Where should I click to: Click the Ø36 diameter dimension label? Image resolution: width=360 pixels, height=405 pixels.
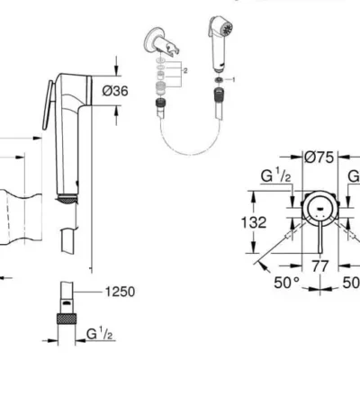[x=115, y=91]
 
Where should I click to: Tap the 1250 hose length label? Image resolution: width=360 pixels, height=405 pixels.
[x=120, y=292]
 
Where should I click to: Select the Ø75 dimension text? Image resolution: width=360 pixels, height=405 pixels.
[x=319, y=157]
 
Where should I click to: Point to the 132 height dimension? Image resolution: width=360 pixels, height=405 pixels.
[x=254, y=222]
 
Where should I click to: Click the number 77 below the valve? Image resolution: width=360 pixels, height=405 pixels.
[x=319, y=266]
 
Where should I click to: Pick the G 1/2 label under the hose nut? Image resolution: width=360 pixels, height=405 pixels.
[x=99, y=334]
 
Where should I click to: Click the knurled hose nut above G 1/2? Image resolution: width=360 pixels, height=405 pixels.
[x=67, y=319]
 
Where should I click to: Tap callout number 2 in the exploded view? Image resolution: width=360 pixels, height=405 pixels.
[x=185, y=71]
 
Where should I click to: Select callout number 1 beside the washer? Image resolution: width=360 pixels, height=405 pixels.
[x=234, y=79]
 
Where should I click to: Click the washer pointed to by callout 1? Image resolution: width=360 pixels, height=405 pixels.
[x=219, y=79]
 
